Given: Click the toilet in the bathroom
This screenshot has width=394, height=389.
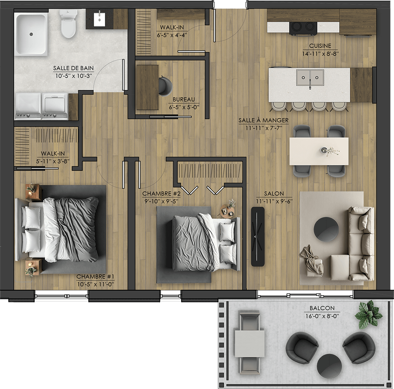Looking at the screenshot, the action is click(x=68, y=24).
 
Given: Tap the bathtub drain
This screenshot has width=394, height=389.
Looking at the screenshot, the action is click(x=31, y=34).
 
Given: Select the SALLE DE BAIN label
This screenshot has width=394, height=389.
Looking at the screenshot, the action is click(x=73, y=68).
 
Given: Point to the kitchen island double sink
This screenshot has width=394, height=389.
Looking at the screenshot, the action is click(x=310, y=78).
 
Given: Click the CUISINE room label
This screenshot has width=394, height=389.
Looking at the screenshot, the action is click(x=320, y=46).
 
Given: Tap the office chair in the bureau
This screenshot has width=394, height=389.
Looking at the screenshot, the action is click(x=165, y=86).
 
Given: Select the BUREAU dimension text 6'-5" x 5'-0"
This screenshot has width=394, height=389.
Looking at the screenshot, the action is click(x=184, y=107).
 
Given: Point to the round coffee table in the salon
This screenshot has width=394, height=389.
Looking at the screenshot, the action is click(x=326, y=229).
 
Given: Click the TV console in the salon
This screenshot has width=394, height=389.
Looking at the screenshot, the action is click(x=258, y=236).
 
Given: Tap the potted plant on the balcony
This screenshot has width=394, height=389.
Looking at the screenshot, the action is click(x=368, y=314).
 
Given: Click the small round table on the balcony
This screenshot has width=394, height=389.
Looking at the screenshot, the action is click(x=329, y=366).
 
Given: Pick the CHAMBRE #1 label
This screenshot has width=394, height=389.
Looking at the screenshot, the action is click(x=95, y=277).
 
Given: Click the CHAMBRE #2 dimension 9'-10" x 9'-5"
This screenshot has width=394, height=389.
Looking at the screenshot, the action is click(x=161, y=201).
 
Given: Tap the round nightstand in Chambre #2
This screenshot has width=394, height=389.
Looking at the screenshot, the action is click(x=227, y=211).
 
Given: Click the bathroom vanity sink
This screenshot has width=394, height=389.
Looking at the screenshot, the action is click(x=99, y=19).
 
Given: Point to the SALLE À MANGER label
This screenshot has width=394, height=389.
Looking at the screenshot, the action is click(x=263, y=120).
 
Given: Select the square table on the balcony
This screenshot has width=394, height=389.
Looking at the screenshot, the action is click(x=249, y=344).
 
